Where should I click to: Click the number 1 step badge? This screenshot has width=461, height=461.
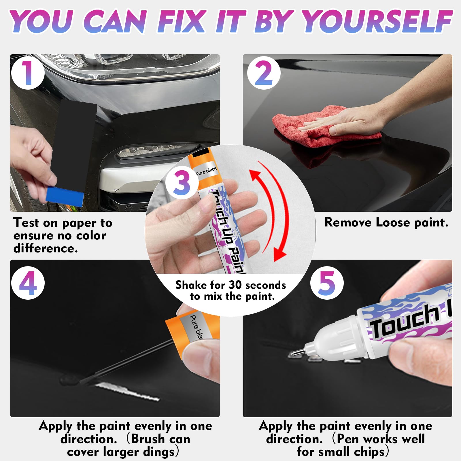[28, 73]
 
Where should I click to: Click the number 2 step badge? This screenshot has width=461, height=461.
[264, 73]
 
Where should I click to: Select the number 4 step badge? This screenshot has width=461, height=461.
[28, 283]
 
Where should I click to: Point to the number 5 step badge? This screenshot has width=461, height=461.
[326, 283]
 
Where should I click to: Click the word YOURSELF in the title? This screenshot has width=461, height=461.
[377, 22]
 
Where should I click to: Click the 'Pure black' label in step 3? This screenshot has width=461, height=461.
[206, 171]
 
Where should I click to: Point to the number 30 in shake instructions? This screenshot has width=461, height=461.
[235, 285]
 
